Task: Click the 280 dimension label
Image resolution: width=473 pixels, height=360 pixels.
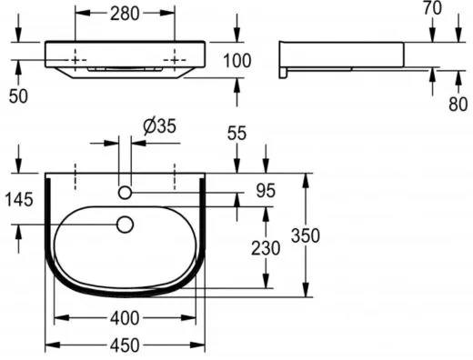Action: click(125, 14)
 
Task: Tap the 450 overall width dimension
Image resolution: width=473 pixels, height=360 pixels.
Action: click(125, 345)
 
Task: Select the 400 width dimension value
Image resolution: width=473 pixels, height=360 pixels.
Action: click(125, 318)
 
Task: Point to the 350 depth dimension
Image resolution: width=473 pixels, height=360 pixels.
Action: click(306, 235)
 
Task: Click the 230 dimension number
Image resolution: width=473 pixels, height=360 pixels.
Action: click(266, 248)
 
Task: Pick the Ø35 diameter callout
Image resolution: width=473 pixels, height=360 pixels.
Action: click(160, 125)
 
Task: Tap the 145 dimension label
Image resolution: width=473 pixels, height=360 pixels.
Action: click(19, 200)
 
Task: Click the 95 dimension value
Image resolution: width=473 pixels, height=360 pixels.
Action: click(266, 191)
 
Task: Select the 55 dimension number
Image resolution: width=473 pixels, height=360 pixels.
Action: click(237, 133)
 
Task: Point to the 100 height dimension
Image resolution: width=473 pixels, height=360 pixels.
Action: click(237, 60)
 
